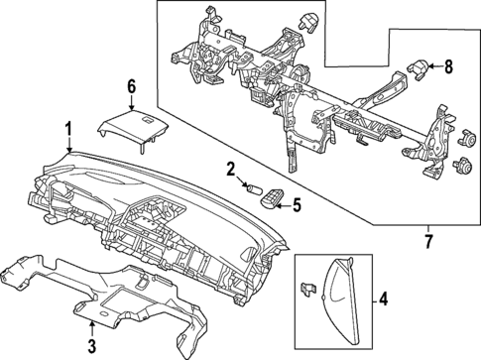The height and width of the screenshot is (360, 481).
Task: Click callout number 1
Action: tap(67, 127)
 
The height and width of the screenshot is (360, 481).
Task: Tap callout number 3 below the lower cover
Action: tap(91, 345)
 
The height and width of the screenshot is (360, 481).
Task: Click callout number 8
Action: tap(448, 66)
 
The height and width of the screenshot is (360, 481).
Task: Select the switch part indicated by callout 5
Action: tap(268, 204)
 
